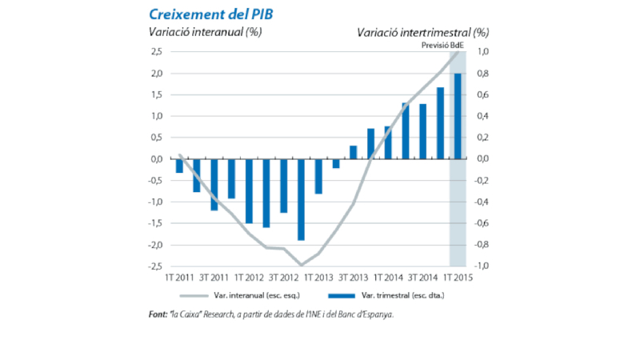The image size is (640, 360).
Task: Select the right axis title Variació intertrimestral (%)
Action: click(x=422, y=33)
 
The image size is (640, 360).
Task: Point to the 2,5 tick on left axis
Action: click(x=155, y=52)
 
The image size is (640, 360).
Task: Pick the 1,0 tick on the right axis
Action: click(x=483, y=52)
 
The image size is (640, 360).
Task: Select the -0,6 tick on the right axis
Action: click(x=484, y=223)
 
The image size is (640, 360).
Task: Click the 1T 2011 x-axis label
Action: click(x=179, y=278)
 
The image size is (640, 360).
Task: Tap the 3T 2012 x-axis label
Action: click(x=284, y=278)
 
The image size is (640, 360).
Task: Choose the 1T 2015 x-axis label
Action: click(x=458, y=278)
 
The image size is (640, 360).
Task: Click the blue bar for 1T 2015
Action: click(x=458, y=116)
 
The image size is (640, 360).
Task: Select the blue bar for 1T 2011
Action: click(x=180, y=166)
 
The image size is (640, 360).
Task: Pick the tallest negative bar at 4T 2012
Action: click(x=302, y=199)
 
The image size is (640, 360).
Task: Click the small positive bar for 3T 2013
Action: click(x=354, y=152)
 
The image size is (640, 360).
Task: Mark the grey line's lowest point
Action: click(x=302, y=265)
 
